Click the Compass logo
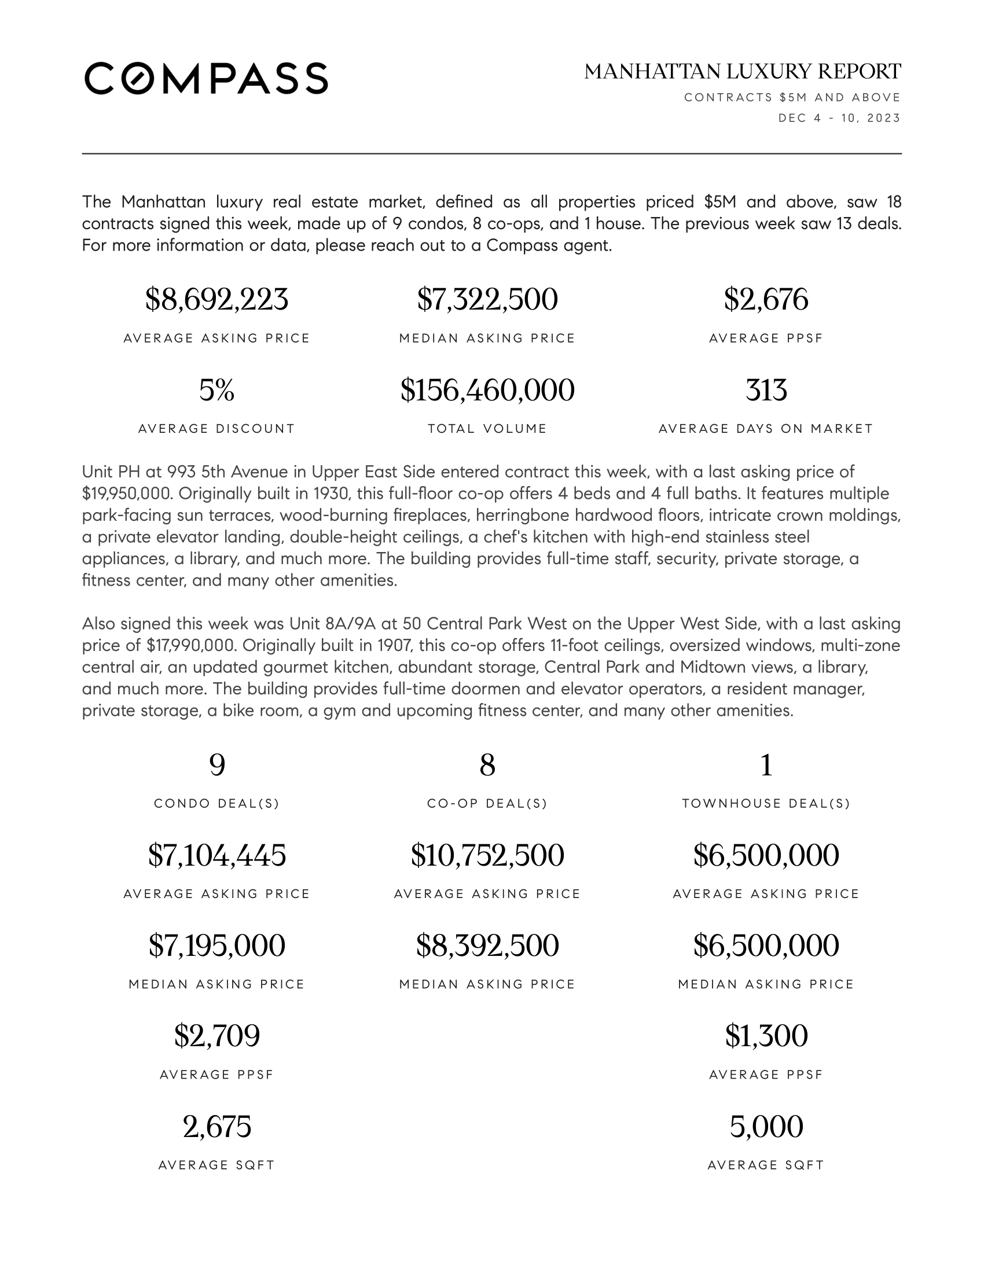pyautogui.click(x=206, y=78)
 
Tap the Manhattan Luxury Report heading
pyautogui.click(x=742, y=72)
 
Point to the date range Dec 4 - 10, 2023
pyautogui.click(x=839, y=118)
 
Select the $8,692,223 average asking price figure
pyautogui.click(x=216, y=300)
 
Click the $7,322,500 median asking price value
pyautogui.click(x=487, y=300)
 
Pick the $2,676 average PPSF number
pyautogui.click(x=766, y=300)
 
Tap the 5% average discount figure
pyautogui.click(x=216, y=390)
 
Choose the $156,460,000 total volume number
pyautogui.click(x=487, y=390)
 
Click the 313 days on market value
pyautogui.click(x=766, y=390)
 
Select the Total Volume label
pyautogui.click(x=487, y=429)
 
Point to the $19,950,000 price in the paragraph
pyautogui.click(x=127, y=494)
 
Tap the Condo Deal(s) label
pyautogui.click(x=216, y=804)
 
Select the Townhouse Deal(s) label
pyautogui.click(x=766, y=804)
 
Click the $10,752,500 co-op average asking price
pyautogui.click(x=487, y=856)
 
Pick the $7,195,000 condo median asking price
pyautogui.click(x=216, y=945)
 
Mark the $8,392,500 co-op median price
pyautogui.click(x=487, y=945)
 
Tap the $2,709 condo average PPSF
pyautogui.click(x=216, y=1036)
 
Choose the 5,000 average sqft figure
pyautogui.click(x=766, y=1126)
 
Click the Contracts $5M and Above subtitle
pyautogui.click(x=792, y=97)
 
